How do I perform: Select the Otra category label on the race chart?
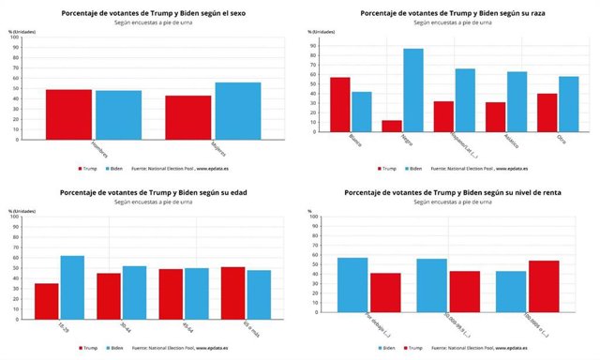tap(546, 146)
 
